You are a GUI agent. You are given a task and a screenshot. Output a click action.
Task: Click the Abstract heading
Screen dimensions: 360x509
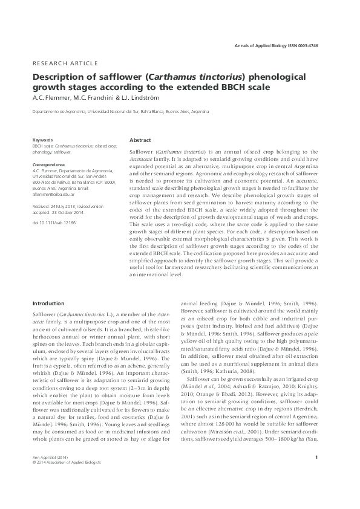(x=140, y=139)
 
